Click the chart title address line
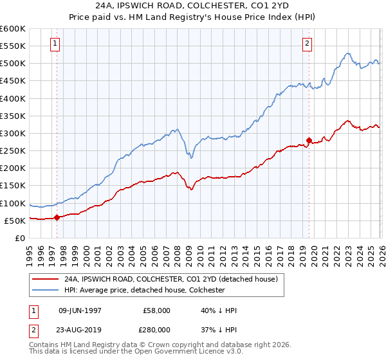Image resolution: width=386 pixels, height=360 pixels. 193,6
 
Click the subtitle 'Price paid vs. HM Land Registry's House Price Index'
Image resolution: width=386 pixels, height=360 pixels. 193,17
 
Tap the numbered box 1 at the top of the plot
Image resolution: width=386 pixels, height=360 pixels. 55,44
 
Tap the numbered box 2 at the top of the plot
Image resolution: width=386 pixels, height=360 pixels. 308,44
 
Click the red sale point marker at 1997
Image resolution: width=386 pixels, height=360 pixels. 57,217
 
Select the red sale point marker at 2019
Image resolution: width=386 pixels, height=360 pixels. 309,140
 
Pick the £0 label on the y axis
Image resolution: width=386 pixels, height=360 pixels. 19,238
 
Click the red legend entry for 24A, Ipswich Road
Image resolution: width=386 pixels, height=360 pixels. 170,279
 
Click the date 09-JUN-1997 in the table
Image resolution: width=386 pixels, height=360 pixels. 80,310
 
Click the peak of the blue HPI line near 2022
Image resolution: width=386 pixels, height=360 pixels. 347,53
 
